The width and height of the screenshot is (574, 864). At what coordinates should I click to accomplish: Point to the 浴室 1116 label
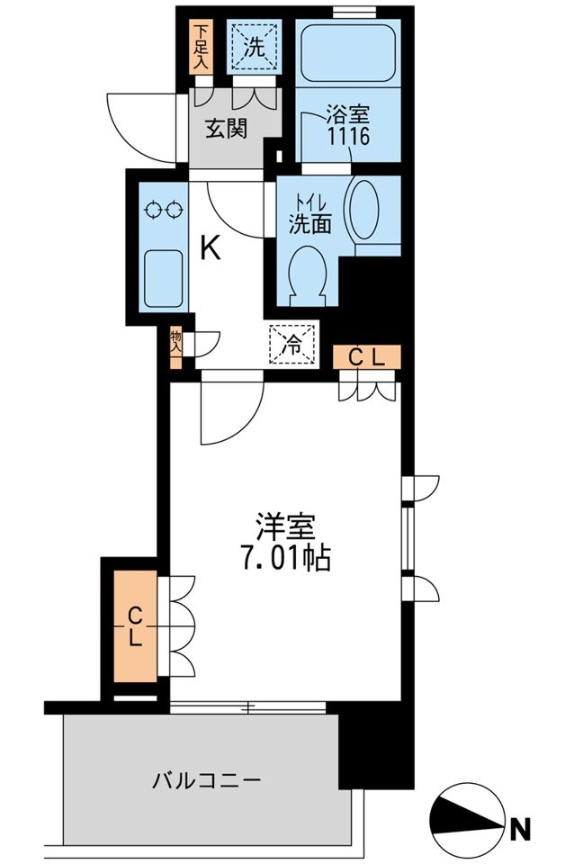click(347, 126)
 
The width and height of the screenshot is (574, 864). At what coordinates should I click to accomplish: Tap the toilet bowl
click(306, 272)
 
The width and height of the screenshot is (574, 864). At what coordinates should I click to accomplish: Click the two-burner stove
click(164, 211)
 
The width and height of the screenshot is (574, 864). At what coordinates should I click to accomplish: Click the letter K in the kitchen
click(209, 247)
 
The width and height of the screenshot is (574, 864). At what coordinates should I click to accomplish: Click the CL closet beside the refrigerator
click(367, 357)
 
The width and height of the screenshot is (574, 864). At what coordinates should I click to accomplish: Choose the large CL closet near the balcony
click(134, 627)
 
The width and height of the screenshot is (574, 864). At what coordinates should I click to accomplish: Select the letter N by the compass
click(520, 826)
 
